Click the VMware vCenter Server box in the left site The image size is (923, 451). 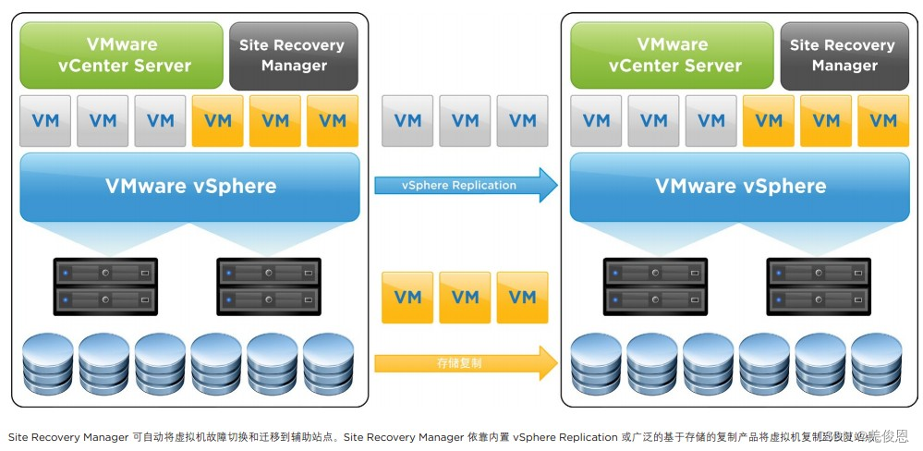click(x=121, y=55)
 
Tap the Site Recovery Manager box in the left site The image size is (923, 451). click(x=293, y=55)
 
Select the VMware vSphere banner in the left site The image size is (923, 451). click(x=189, y=186)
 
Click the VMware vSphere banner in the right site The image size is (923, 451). click(x=740, y=186)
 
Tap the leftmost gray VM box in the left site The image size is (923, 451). click(x=45, y=120)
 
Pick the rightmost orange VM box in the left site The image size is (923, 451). click(x=332, y=120)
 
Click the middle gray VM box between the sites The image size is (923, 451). click(x=465, y=120)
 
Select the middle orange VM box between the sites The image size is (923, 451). click(x=465, y=297)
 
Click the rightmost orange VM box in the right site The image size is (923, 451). click(x=883, y=120)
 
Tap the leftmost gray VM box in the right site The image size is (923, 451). click(x=596, y=120)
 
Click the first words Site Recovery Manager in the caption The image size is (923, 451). click(x=67, y=437)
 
